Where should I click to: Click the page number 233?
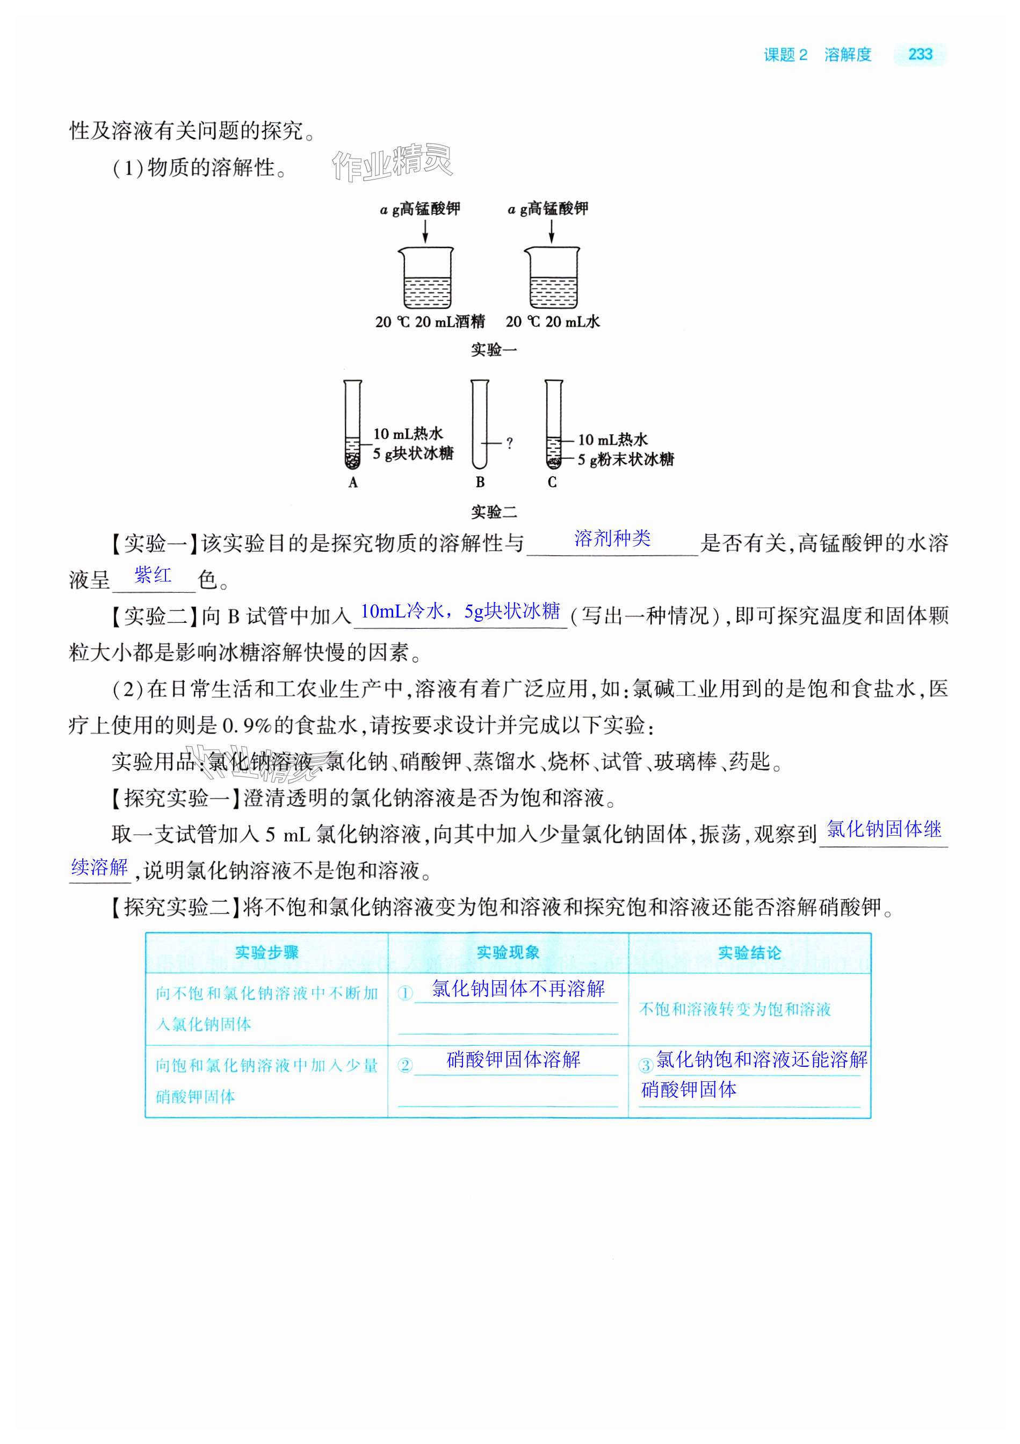[920, 55]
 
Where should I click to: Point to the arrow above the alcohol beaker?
[425, 229]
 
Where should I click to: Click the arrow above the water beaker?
[552, 229]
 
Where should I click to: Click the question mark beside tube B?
[509, 443]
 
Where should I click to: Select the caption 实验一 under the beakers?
[494, 350]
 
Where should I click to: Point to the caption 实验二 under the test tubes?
[494, 512]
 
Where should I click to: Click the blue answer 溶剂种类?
[612, 538]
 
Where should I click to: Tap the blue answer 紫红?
[153, 575]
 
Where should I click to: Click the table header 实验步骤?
[266, 953]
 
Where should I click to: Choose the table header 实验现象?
[508, 953]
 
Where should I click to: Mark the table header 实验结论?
[749, 953]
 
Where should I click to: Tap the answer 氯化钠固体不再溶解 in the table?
[518, 989]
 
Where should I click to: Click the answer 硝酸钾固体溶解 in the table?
[513, 1060]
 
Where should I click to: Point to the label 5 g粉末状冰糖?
[626, 459]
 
